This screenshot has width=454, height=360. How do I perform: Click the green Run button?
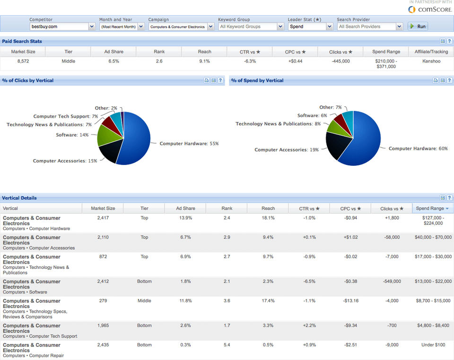[418, 26]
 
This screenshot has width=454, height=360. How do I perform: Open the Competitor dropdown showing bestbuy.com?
[62, 26]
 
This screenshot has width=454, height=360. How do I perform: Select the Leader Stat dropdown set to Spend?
[310, 26]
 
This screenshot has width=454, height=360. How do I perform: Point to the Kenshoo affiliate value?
[431, 61]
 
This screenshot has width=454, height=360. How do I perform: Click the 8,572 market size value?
[23, 61]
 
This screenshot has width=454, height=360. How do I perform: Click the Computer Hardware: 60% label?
[418, 148]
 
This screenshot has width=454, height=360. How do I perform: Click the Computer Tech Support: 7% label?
[66, 116]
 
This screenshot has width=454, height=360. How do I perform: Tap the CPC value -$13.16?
[350, 300]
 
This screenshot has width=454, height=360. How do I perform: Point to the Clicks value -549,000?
[392, 281]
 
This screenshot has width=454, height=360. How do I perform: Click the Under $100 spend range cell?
[433, 345]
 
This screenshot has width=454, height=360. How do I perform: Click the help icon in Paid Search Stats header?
[449, 42]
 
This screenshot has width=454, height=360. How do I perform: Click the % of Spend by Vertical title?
[257, 80]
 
